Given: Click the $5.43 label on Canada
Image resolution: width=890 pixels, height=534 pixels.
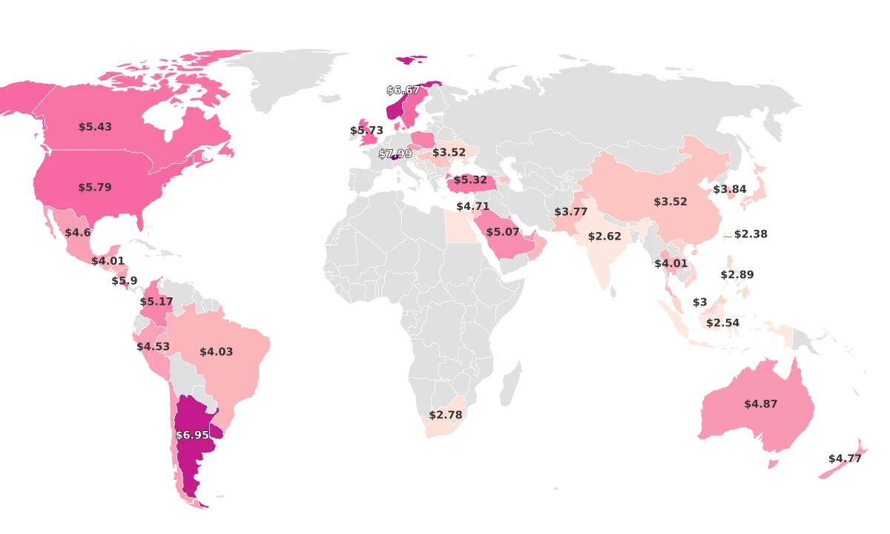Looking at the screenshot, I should pos(95,127).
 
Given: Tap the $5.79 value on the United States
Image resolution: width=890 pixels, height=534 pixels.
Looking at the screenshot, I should pos(95,188).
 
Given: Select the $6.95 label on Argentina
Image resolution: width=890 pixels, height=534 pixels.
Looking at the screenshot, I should pos(192,435).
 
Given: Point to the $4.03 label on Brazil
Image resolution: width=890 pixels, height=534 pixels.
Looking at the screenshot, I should pos(216,352).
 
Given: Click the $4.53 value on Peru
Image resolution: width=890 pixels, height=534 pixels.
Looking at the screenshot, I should pos(153,346).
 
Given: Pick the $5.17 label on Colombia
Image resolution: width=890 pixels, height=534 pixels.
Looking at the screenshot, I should pos(156,302).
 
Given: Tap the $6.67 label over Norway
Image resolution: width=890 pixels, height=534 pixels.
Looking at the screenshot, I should pos(403,90).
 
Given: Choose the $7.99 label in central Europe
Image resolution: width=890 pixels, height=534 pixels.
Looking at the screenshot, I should pos(395,154).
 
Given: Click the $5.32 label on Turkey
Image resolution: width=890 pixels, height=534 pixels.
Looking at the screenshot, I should pos(470,179).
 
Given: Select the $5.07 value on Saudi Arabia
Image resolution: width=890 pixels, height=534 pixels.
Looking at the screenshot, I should pos(503,232).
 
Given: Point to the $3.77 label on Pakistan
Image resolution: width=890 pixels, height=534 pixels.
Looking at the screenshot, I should pos(570,211).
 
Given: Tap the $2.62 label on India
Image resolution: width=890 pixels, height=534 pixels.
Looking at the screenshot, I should pos(604,237).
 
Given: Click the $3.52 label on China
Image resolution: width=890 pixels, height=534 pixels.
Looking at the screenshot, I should pos(670,201).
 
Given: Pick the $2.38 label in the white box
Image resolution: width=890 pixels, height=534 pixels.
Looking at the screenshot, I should pos(751,234).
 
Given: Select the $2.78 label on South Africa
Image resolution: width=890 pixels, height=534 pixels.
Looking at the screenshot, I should pos(446,415).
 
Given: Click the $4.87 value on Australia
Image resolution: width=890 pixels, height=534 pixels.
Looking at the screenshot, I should pos(760,404).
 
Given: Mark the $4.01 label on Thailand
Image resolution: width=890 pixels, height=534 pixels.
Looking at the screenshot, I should pos(670,263).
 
